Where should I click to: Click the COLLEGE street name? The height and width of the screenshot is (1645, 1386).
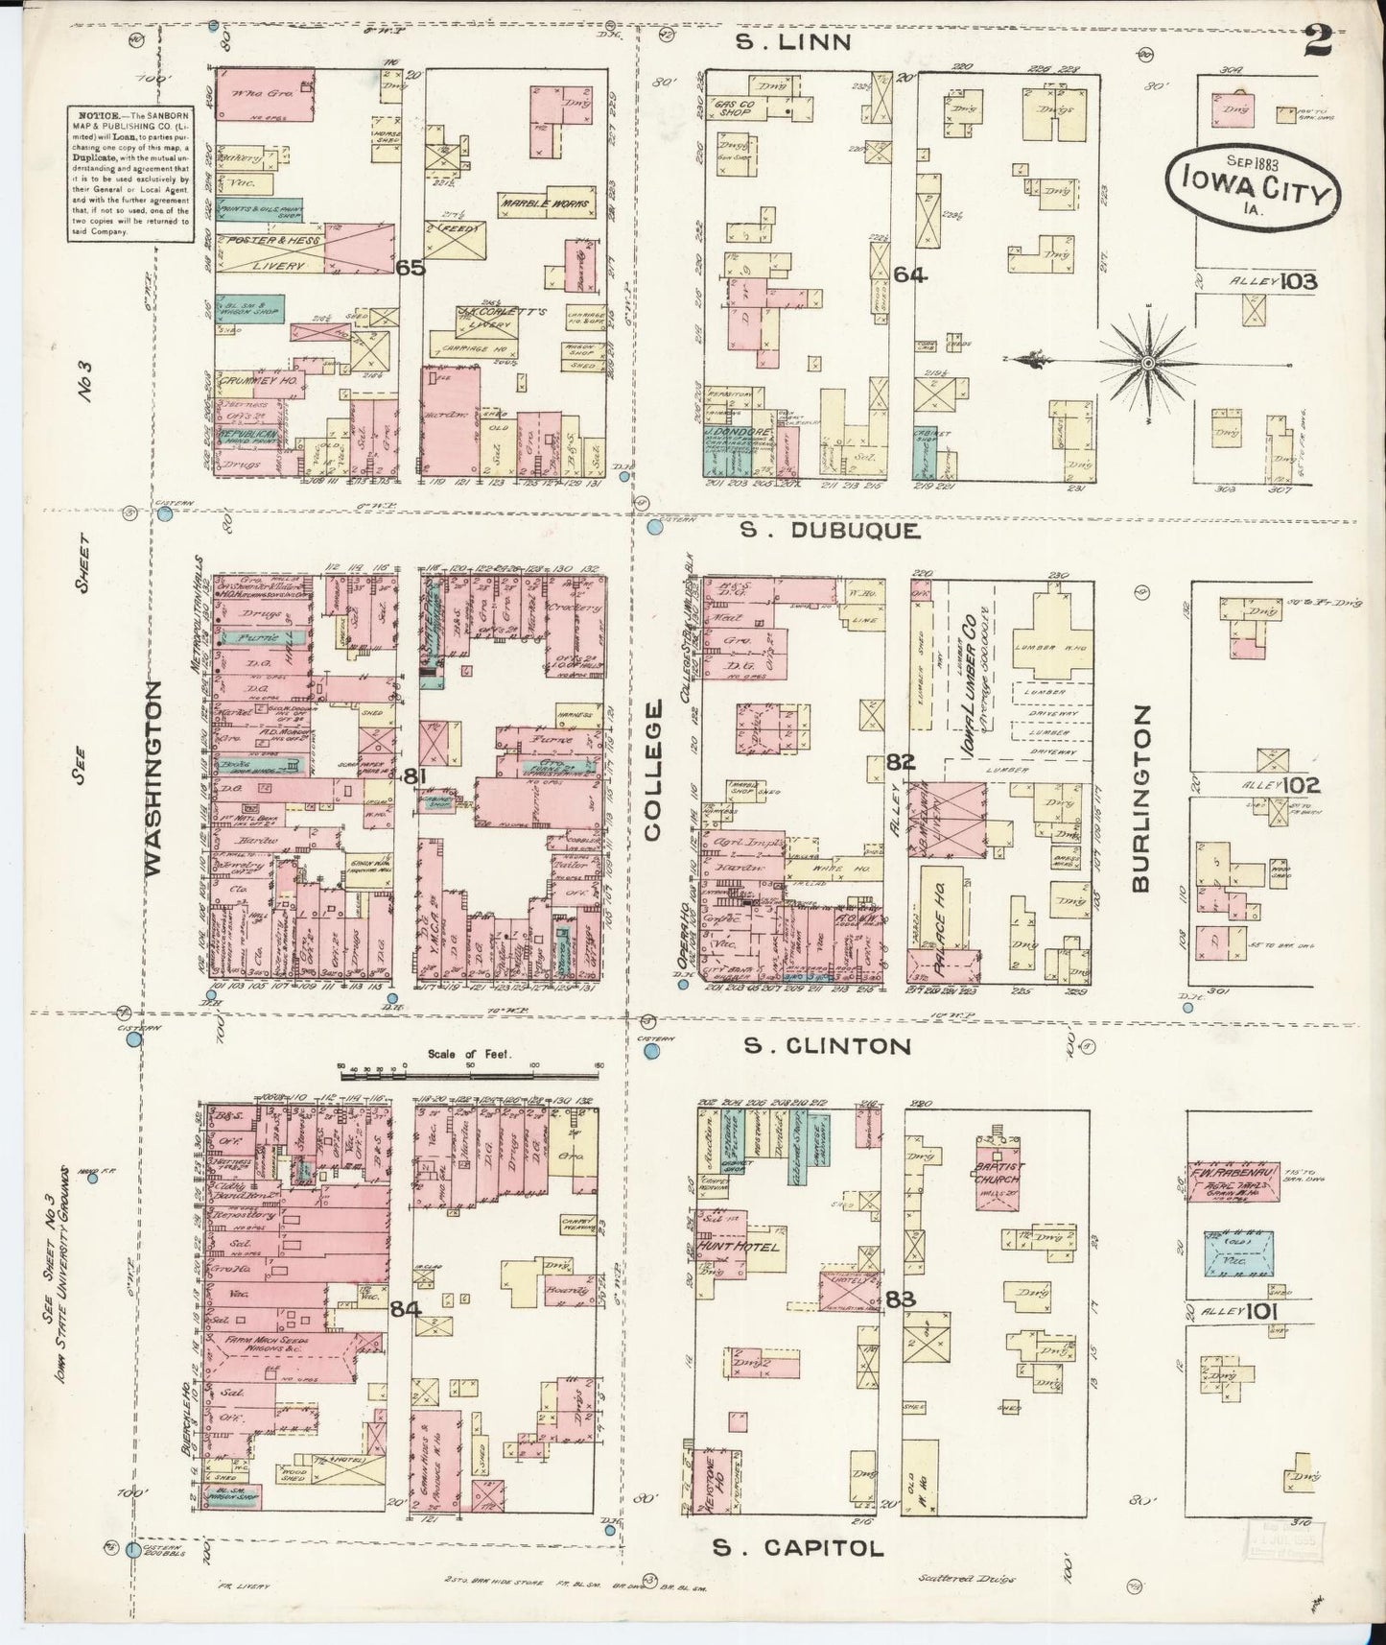coord(652,771)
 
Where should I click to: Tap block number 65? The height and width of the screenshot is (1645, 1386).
coord(411,269)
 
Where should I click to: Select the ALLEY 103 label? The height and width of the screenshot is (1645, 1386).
coord(1275,281)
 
